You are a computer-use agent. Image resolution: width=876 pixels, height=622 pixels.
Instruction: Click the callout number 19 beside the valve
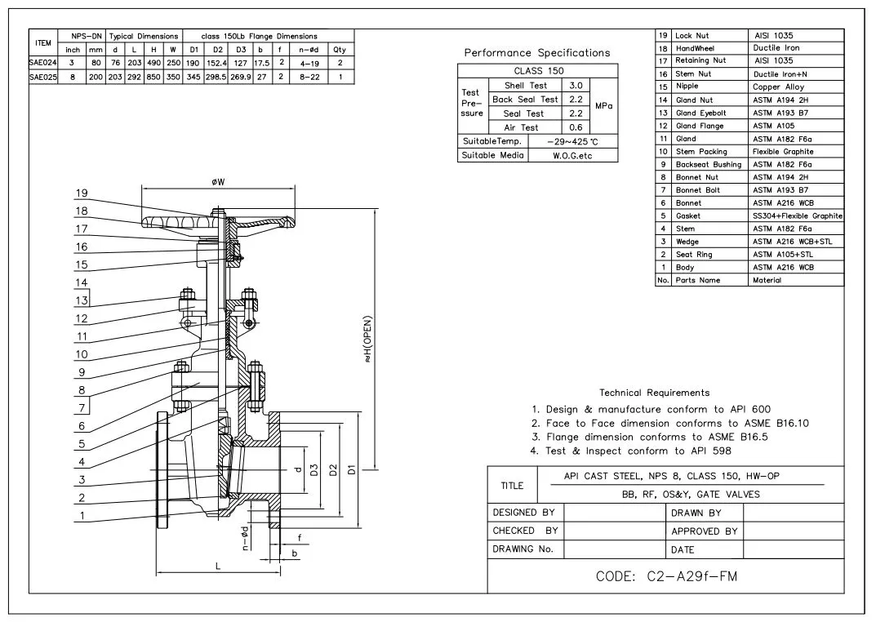(x=81, y=193)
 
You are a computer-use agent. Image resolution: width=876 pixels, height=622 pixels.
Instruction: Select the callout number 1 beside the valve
(x=81, y=515)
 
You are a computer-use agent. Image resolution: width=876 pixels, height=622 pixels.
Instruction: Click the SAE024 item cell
(x=42, y=63)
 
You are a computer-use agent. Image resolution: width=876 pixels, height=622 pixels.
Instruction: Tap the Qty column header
(x=340, y=50)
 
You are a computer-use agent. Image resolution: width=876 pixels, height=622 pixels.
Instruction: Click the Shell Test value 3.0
(x=576, y=86)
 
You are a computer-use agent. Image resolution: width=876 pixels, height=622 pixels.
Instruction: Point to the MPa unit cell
(x=604, y=106)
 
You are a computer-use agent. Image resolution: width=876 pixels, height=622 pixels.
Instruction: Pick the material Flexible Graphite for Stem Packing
(x=783, y=152)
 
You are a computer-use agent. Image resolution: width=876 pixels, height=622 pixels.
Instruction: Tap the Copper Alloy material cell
(x=778, y=87)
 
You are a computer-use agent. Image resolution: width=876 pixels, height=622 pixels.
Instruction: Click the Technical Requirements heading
(x=654, y=393)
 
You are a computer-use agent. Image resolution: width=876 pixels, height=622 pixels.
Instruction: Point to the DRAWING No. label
(x=523, y=549)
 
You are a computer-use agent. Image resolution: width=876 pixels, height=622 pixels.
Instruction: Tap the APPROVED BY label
(x=704, y=531)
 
